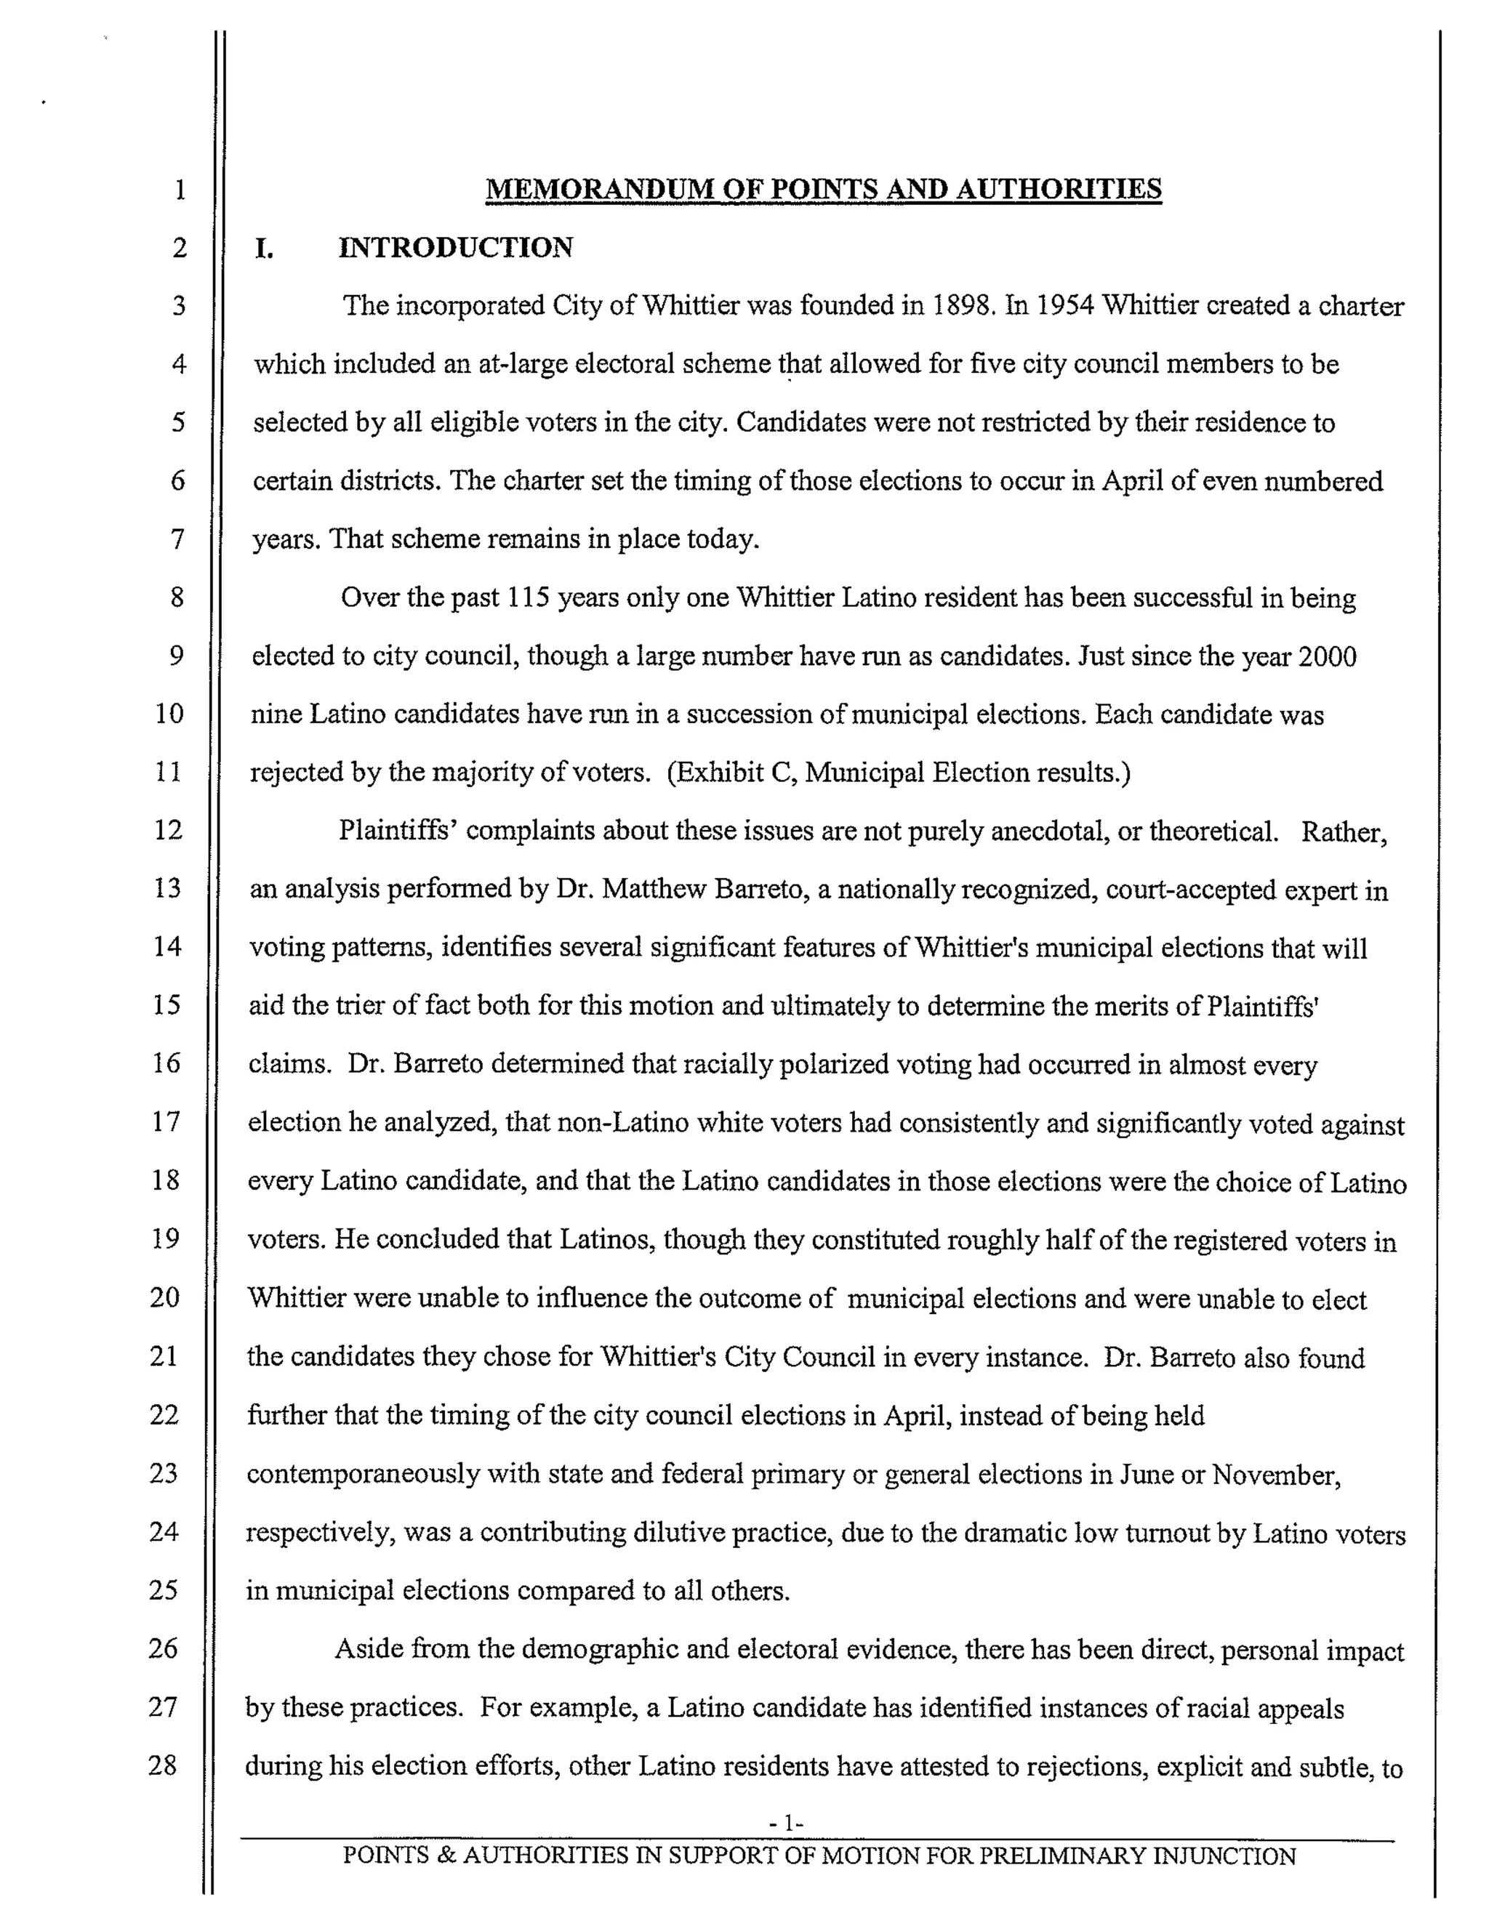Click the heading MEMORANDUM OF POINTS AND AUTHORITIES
point(823,189)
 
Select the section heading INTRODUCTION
point(455,247)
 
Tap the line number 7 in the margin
point(177,538)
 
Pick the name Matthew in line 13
point(654,889)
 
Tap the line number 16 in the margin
point(166,1063)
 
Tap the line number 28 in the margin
point(162,1765)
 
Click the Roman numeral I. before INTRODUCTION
point(263,249)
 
